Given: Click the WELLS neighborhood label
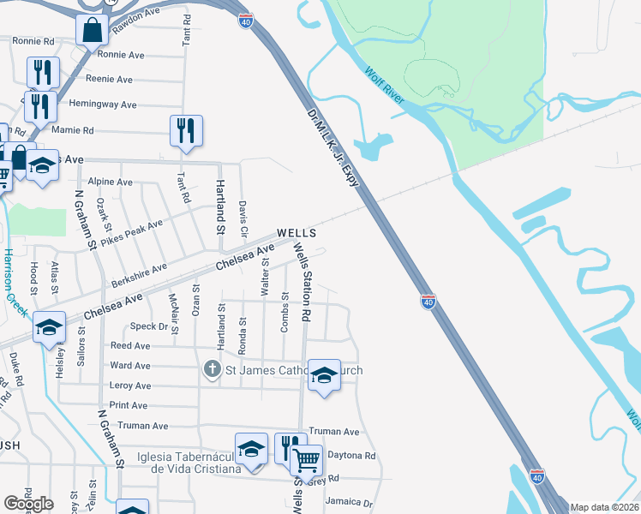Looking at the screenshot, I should tap(296, 233).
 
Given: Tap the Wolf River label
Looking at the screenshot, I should tap(384, 86).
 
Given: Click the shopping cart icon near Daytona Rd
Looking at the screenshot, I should tap(307, 462).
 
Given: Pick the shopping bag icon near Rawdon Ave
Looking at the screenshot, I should tap(92, 31).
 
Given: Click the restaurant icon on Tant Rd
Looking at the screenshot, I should tap(186, 131).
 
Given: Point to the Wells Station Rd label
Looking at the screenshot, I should tap(302, 282).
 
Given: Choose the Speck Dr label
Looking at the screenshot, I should tap(149, 326).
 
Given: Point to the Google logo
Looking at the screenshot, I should tap(28, 503).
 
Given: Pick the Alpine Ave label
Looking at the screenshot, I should tap(111, 182).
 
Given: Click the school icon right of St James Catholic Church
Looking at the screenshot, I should tap(324, 375).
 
